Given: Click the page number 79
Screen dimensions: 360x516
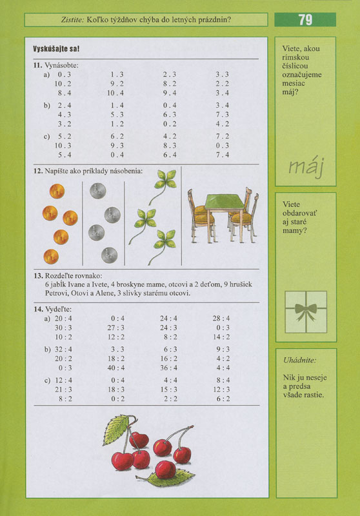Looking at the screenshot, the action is [x=305, y=20].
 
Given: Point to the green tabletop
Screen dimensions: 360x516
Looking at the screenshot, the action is [x=217, y=202].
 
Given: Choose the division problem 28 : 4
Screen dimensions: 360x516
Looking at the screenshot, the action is [x=221, y=318].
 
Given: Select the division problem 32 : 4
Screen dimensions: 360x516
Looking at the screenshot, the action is [x=63, y=349].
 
